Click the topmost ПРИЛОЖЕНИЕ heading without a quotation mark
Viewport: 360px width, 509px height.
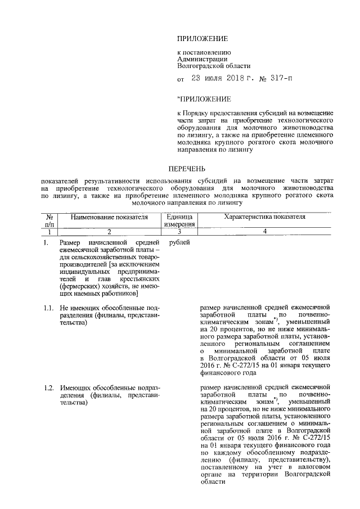(202, 39)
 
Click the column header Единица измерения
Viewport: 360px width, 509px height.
(179, 220)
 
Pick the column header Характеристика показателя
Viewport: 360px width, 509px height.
(264, 217)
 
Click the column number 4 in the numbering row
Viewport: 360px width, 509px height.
(264, 231)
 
